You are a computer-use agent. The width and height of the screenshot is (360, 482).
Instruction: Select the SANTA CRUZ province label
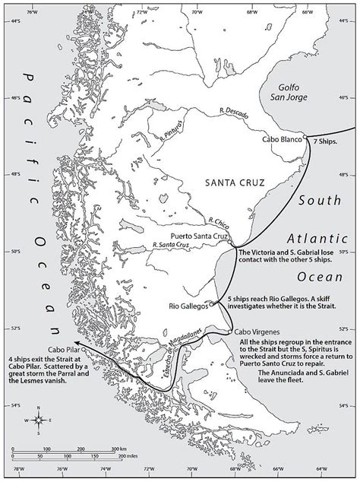pyautogui.click(x=230, y=182)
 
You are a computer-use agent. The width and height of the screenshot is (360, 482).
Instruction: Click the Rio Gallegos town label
pyautogui.click(x=188, y=306)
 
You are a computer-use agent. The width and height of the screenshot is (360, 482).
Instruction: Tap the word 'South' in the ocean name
pyautogui.click(x=317, y=201)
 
